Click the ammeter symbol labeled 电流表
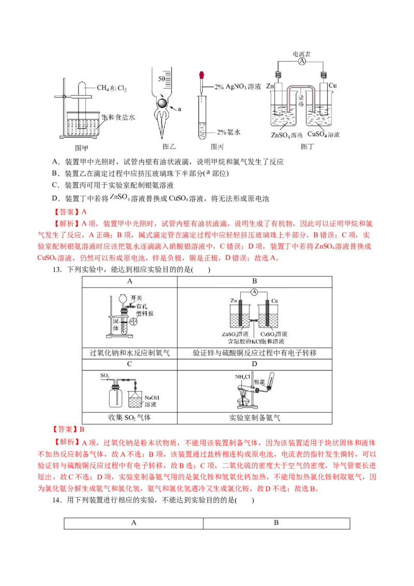[x=302, y=61]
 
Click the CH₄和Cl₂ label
[x=112, y=88]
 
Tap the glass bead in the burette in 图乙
[x=162, y=103]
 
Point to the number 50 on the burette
[x=161, y=79]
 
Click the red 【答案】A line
[x=70, y=211]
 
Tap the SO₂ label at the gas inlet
[x=105, y=375]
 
